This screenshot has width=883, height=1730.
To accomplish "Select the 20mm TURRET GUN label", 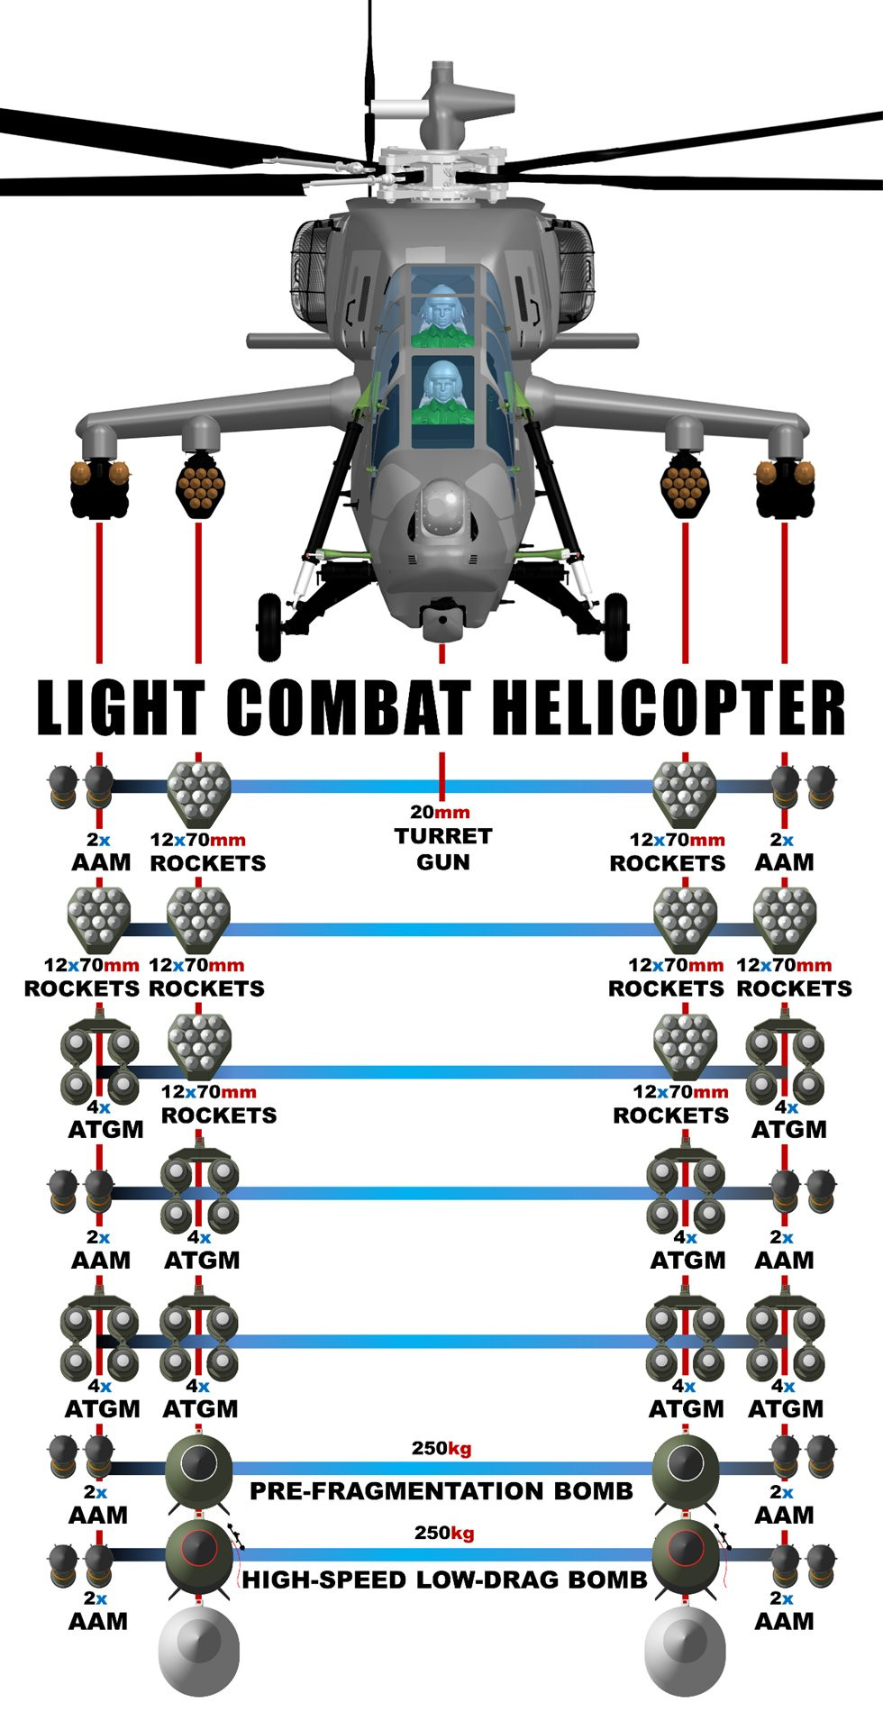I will pyautogui.click(x=441, y=838).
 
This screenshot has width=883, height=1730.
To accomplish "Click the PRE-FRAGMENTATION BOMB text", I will pyautogui.click(x=441, y=1491).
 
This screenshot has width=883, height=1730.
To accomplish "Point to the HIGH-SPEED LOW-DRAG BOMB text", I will pyautogui.click(x=444, y=1580).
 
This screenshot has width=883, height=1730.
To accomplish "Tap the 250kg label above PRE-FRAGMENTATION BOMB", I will pyautogui.click(x=441, y=1449).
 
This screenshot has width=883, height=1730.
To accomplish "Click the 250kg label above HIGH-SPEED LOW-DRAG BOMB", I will pyautogui.click(x=444, y=1534).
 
